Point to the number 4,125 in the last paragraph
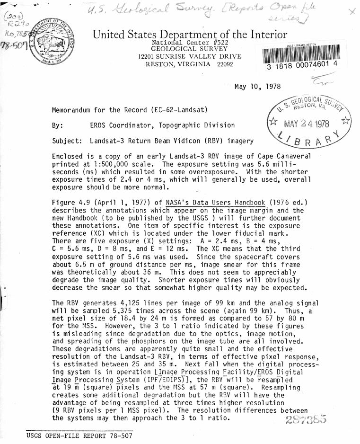(139, 302)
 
